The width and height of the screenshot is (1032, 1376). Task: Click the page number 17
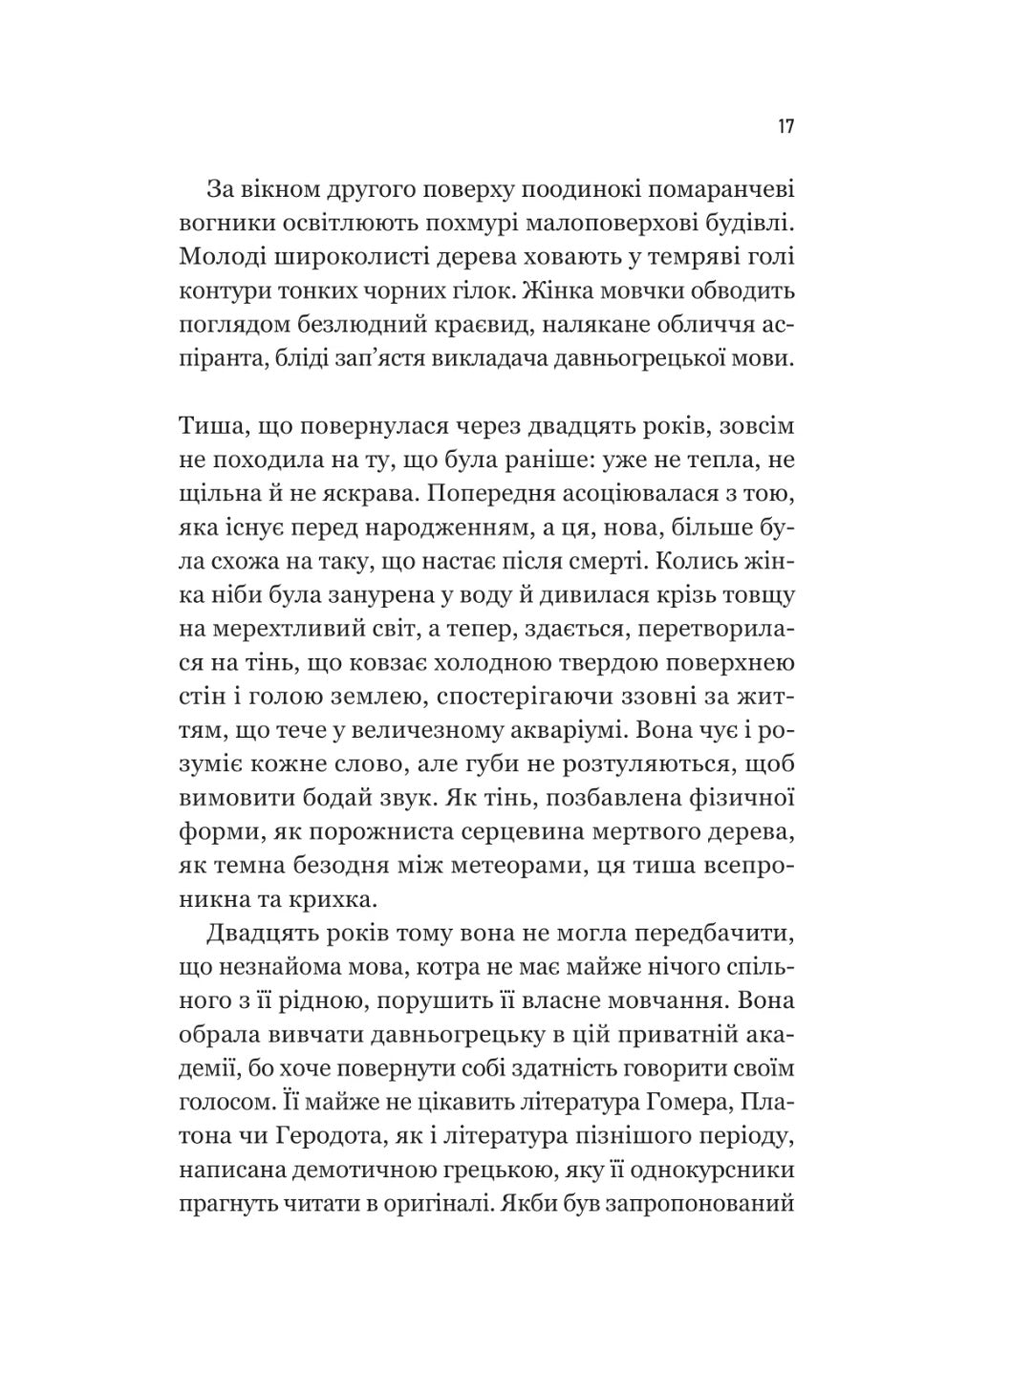[785, 127]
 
